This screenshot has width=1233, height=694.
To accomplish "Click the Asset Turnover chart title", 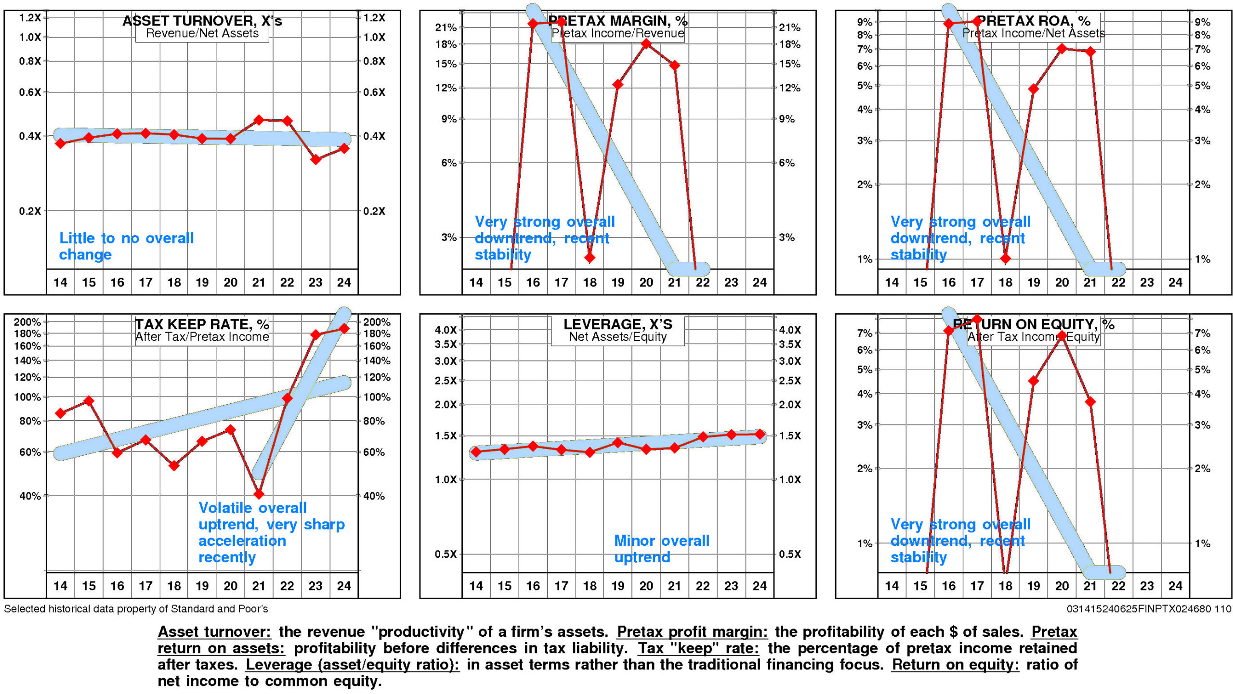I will [202, 21].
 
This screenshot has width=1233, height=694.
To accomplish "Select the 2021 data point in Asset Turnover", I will [259, 120].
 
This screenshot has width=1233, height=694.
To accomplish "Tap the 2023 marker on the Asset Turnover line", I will [315, 159].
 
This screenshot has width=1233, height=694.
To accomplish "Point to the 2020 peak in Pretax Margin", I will [646, 44].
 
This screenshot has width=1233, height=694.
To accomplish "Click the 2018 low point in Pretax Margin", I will [590, 257].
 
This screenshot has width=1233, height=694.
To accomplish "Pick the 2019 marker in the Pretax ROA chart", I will [1034, 89].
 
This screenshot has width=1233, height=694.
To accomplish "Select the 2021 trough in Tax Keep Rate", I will [259, 493].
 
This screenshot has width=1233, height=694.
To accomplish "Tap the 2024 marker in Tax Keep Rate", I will [344, 328].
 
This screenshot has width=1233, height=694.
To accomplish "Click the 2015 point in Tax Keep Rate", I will [89, 400].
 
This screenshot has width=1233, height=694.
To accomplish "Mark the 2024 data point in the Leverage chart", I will [760, 434].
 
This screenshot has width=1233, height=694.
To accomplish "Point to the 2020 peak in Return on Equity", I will [1062, 335].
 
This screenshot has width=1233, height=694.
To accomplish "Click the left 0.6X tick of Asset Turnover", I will [30, 92].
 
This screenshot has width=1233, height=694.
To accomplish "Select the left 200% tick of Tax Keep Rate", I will [27, 322].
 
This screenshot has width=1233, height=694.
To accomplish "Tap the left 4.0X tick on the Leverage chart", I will [446, 330].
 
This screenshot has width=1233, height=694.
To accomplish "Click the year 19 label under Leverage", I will [618, 586].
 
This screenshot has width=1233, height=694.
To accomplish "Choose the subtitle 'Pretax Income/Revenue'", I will [617, 33].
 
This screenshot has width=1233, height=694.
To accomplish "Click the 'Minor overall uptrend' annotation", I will [661, 549].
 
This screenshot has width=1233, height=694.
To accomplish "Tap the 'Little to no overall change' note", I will [126, 246].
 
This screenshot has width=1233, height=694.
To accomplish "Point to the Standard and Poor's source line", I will [136, 609].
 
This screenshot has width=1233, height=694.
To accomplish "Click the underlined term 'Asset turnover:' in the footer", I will [214, 631].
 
